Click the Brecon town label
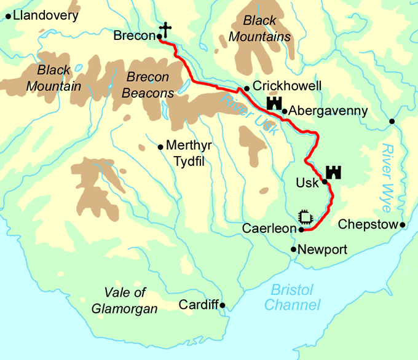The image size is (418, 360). click(134, 36)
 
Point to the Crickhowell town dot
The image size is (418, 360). click(246, 88)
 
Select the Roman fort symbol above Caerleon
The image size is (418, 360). click(304, 217)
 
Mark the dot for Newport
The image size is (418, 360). click(293, 249)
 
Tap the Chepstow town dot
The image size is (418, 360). click(403, 225)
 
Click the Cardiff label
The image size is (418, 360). click(199, 305)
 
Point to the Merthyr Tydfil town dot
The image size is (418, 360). click(160, 147)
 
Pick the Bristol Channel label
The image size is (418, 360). click(293, 297)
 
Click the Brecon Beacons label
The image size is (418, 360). click(148, 85)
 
